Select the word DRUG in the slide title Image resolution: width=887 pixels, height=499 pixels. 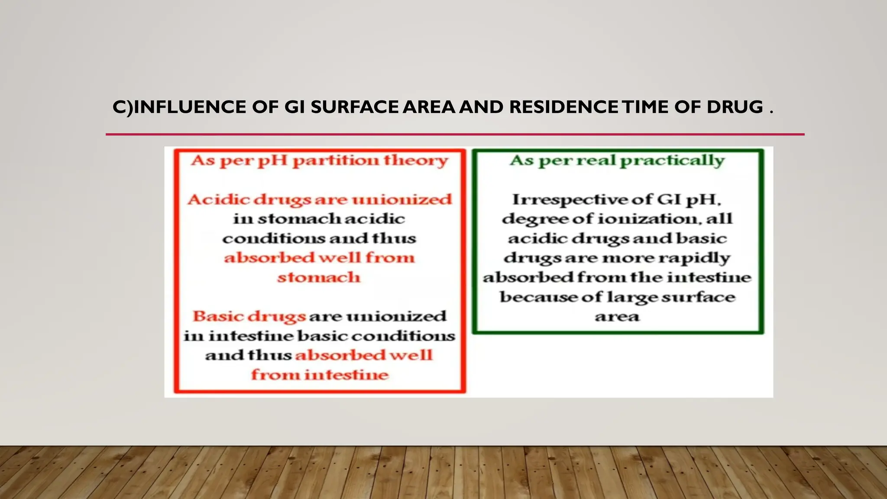(x=735, y=107)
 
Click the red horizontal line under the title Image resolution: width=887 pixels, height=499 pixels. (x=455, y=134)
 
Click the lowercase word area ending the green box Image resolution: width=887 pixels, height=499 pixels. (x=617, y=317)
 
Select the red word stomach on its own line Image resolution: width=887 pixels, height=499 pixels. (x=319, y=277)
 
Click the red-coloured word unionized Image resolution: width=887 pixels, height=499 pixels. (x=401, y=200)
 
